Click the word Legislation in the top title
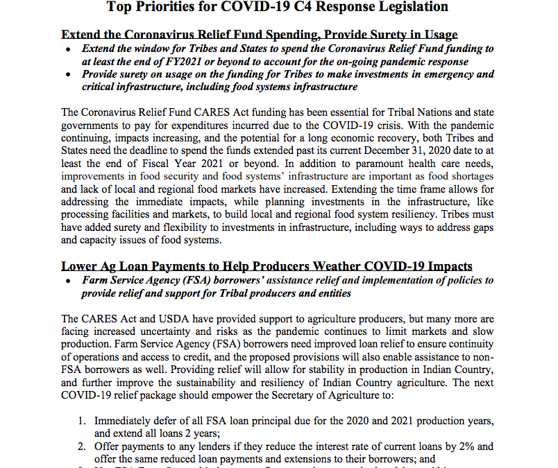coord(414,7)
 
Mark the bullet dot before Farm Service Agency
coord(67,281)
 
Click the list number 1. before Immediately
coord(81,421)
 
